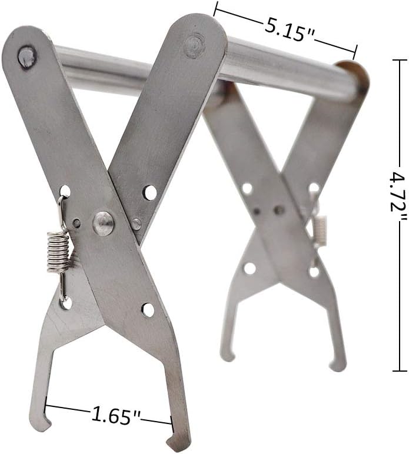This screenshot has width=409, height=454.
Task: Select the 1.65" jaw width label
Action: point(115,416)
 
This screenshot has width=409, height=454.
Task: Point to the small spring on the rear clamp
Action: point(321,230)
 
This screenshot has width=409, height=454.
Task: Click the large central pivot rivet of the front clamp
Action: point(103,223)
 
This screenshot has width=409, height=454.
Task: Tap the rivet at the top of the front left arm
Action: point(27,56)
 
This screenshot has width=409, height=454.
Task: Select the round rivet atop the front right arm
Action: point(194,45)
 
